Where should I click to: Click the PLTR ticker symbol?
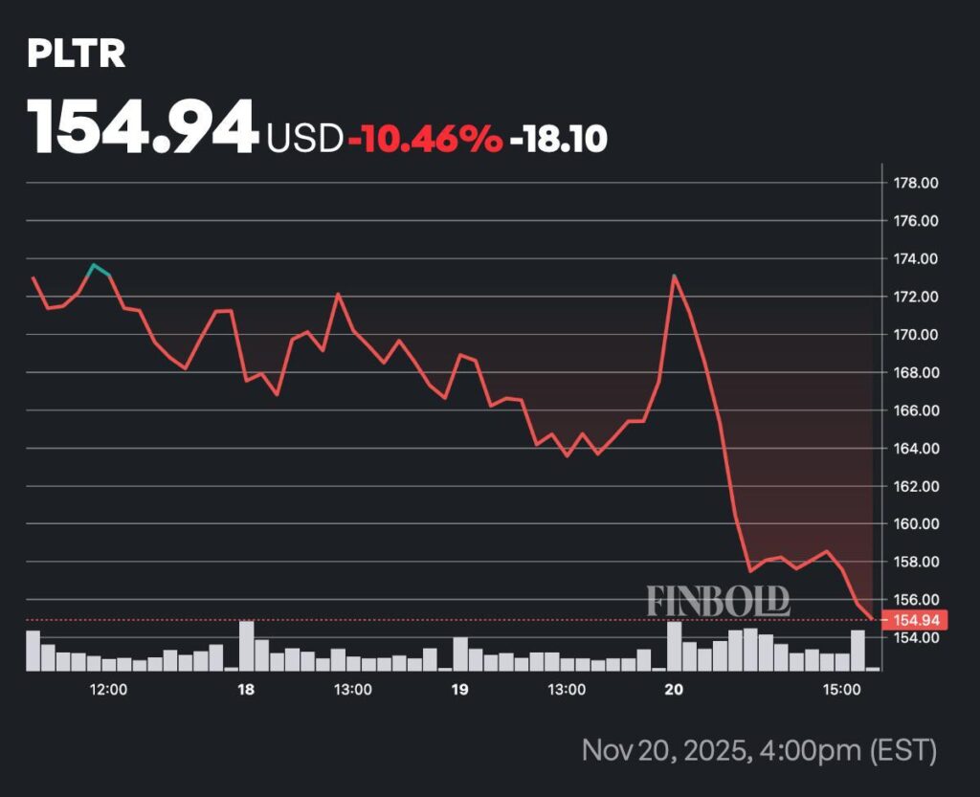[x=76, y=55]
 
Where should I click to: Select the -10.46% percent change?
[x=425, y=140]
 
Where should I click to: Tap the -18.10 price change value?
[x=559, y=140]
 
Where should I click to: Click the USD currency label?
[x=304, y=140]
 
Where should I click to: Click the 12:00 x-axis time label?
[x=108, y=690]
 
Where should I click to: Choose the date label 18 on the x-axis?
[x=246, y=690]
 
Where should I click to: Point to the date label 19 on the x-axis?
[x=460, y=690]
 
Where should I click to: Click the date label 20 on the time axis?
[x=675, y=690]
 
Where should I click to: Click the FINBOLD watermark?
[x=719, y=601]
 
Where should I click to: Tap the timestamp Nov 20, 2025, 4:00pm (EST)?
[x=759, y=749]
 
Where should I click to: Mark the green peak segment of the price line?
[x=100, y=269]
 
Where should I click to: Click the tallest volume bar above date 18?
[x=247, y=646]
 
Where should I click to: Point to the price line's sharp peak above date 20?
[x=675, y=277]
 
